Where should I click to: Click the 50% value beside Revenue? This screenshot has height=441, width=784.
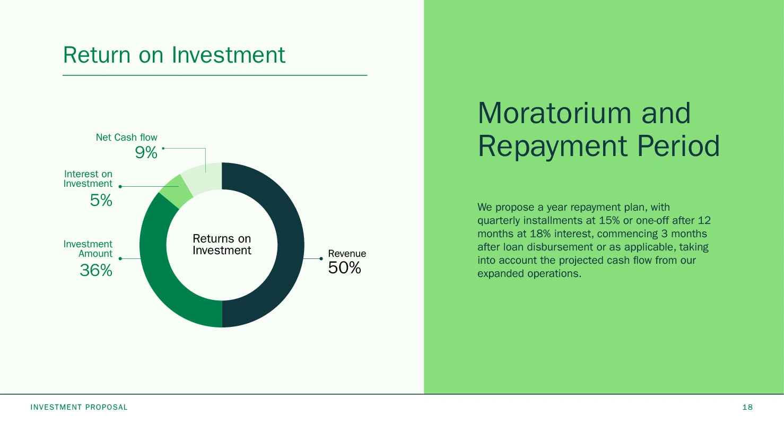pos(344,268)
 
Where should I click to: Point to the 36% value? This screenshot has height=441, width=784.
pos(96,271)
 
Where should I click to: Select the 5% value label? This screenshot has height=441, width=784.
pos(101,201)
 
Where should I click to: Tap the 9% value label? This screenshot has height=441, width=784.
pos(146,153)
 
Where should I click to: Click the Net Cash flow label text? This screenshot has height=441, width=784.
pos(127,137)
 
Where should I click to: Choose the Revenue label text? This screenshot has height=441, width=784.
pos(347,254)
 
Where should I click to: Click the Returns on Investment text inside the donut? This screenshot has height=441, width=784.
pos(222,245)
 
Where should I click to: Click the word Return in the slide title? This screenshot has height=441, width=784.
pos(97,55)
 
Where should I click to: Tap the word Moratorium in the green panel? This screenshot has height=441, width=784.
pos(554,114)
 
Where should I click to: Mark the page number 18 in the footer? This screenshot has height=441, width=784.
pos(747,407)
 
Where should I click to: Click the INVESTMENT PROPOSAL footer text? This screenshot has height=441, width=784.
pos(79,407)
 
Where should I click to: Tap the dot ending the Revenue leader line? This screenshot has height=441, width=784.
pos(321,259)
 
